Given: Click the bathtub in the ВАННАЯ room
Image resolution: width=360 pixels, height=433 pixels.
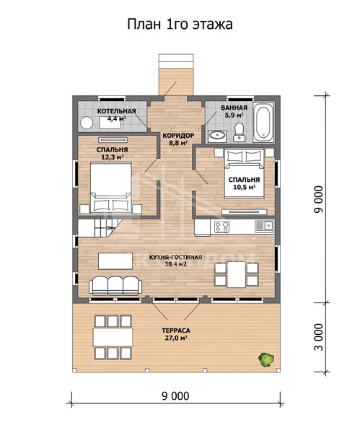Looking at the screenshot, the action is coord(263,122).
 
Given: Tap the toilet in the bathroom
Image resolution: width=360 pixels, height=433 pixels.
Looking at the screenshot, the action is coord(239,132).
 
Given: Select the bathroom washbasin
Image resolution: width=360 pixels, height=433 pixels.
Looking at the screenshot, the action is coord(217,136).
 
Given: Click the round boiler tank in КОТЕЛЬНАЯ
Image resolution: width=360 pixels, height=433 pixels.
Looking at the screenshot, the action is coord(87,123).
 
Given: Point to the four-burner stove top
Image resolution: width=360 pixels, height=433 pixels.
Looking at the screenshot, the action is coord(221,227).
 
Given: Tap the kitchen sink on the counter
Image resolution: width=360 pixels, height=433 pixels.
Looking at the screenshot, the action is coord(264,226).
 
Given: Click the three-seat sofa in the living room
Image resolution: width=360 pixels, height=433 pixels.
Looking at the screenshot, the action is coord(115,286).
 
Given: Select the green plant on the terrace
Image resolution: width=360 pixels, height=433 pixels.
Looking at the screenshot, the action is coord(266,359).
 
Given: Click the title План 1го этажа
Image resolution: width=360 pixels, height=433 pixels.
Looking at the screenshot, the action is coord(180,24).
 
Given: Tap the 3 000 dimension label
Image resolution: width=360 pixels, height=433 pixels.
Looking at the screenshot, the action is coord(319,337).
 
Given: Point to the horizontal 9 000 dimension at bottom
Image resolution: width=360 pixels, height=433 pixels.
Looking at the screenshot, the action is coord(175,395).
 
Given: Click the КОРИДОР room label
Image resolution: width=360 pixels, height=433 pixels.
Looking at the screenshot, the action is coord(178,136).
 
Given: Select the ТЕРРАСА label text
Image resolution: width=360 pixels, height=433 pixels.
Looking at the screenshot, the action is coord(176,331).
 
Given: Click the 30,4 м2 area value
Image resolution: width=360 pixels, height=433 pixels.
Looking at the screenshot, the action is coord(175,264).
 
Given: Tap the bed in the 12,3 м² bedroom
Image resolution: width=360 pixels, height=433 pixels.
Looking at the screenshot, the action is coord(111,188).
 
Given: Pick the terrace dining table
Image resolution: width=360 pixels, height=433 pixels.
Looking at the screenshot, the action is coord(113,337).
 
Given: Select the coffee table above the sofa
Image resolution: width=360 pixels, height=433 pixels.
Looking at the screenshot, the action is coord(115,261).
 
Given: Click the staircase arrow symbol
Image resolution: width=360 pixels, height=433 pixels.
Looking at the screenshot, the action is coord(112,227).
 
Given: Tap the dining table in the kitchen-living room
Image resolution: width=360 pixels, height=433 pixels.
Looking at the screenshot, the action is coord(237,274).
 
